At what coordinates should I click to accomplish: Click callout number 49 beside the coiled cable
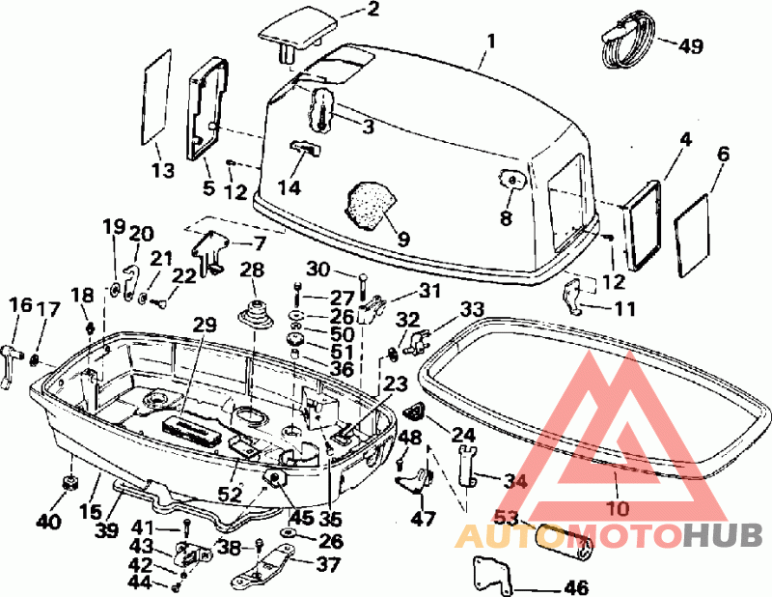pos(691,45)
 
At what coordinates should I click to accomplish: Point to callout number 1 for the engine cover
pos(491,41)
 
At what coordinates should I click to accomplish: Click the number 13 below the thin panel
pos(162,171)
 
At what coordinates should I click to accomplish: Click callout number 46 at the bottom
pos(576,587)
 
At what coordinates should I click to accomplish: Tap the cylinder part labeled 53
pos(564,541)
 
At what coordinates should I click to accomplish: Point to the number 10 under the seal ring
pos(619,508)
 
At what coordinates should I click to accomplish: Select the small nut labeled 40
pos(70,482)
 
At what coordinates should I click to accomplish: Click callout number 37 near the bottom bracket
pos(328,564)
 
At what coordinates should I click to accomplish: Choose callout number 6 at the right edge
pos(723,155)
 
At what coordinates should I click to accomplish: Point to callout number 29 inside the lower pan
pos(204,325)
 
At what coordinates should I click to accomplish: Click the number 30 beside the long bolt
pos(318,270)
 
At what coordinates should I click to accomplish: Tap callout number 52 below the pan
pos(230,494)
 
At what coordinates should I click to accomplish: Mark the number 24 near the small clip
pos(463,435)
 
